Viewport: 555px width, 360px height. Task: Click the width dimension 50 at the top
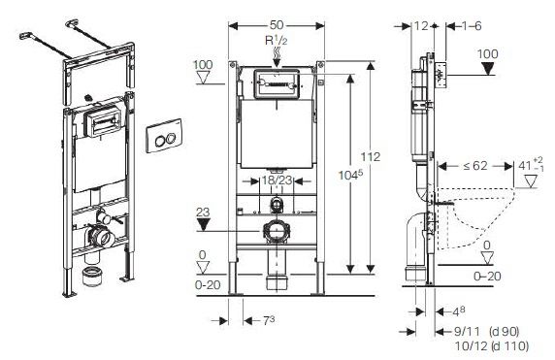click(x=277, y=25)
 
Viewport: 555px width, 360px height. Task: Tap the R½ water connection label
click(x=277, y=41)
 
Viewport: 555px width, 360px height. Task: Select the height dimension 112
click(x=371, y=156)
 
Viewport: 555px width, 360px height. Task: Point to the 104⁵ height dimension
click(x=350, y=175)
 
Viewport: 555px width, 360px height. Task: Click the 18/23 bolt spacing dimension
click(x=277, y=180)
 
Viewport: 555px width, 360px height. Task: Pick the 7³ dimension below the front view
click(x=269, y=320)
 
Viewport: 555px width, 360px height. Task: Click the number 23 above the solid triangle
click(x=203, y=213)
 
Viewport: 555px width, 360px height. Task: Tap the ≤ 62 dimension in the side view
click(x=475, y=166)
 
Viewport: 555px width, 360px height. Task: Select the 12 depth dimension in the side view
click(x=421, y=26)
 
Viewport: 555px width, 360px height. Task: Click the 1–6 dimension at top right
click(x=472, y=26)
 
